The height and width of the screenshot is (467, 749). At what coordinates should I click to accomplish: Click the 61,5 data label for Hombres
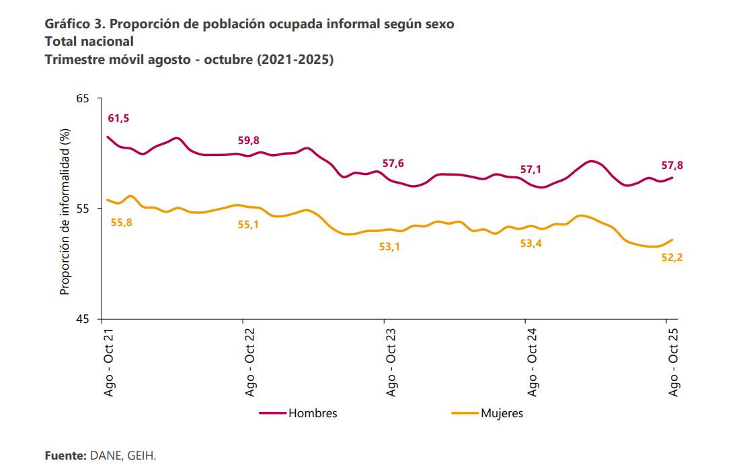[118, 118]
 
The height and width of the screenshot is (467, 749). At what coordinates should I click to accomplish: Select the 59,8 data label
[249, 141]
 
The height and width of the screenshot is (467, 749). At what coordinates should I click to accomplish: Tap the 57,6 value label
[393, 164]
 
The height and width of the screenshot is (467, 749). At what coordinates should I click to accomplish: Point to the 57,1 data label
[531, 170]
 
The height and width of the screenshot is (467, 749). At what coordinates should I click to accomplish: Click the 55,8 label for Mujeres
[122, 223]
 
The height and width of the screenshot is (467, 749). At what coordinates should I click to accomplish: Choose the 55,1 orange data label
[249, 225]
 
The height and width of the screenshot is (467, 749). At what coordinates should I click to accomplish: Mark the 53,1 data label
[390, 247]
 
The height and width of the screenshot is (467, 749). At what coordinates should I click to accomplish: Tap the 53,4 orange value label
[531, 244]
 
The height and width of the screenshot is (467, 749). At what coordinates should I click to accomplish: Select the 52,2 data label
[672, 256]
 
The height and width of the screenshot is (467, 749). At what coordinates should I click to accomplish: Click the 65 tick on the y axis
[83, 99]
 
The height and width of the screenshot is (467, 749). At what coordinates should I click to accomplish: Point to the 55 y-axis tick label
[83, 209]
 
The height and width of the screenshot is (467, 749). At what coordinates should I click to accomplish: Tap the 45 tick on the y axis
[83, 319]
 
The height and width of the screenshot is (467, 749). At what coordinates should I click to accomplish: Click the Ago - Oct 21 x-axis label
[108, 362]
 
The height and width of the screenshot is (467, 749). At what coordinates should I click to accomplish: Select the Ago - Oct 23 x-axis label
[391, 362]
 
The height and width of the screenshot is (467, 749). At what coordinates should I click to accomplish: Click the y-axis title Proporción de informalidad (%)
[65, 212]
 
